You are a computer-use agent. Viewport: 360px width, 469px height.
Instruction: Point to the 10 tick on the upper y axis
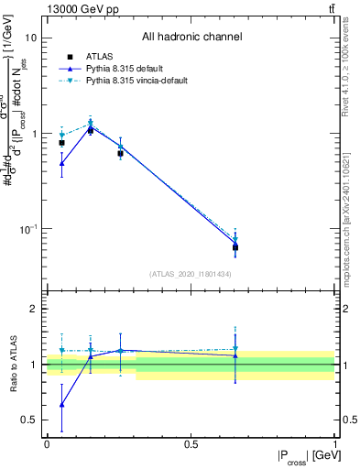point(31,38)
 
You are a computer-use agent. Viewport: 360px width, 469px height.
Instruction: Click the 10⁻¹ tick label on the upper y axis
point(27,228)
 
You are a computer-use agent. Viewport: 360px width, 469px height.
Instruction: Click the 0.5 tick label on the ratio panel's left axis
point(30,420)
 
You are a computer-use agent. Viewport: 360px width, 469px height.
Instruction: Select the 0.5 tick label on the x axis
point(191,444)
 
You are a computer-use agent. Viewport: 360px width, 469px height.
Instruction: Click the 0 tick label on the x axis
point(47,444)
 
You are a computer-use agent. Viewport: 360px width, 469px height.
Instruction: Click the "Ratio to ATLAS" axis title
point(12,365)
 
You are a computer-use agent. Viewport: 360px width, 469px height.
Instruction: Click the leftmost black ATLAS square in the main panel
point(61,143)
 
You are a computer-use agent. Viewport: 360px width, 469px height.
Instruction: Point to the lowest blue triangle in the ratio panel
point(61,404)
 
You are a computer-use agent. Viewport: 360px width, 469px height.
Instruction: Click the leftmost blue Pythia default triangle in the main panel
point(61,164)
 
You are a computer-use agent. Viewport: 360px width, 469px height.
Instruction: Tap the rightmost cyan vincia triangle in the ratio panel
point(235,348)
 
